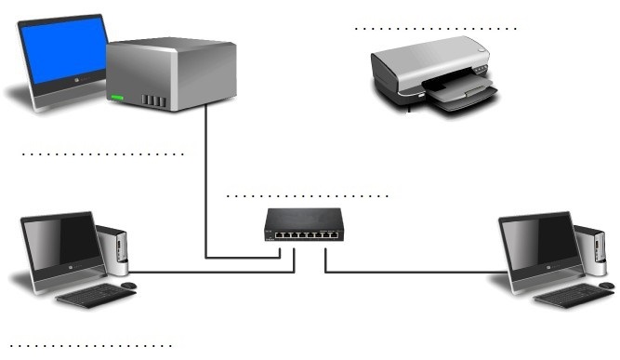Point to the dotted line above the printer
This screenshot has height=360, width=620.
tap(435, 29)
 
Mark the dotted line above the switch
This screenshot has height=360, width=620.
tap(307, 197)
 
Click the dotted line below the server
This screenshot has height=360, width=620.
tap(102, 153)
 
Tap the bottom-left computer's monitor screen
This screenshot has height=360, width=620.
tap(60, 242)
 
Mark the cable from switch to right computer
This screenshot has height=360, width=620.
tap(418, 273)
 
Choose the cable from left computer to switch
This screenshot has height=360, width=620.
tap(214, 273)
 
